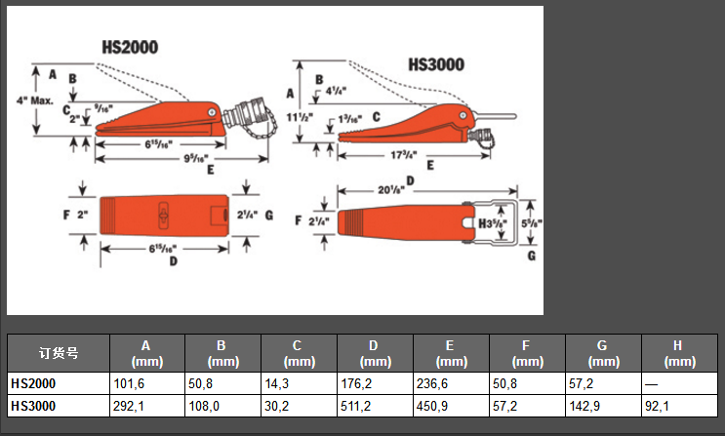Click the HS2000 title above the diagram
(130, 47)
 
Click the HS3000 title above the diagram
(435, 66)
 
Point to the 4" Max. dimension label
(33, 100)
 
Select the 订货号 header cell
(58, 352)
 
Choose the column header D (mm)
(375, 352)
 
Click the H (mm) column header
(679, 352)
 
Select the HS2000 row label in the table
(33, 384)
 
